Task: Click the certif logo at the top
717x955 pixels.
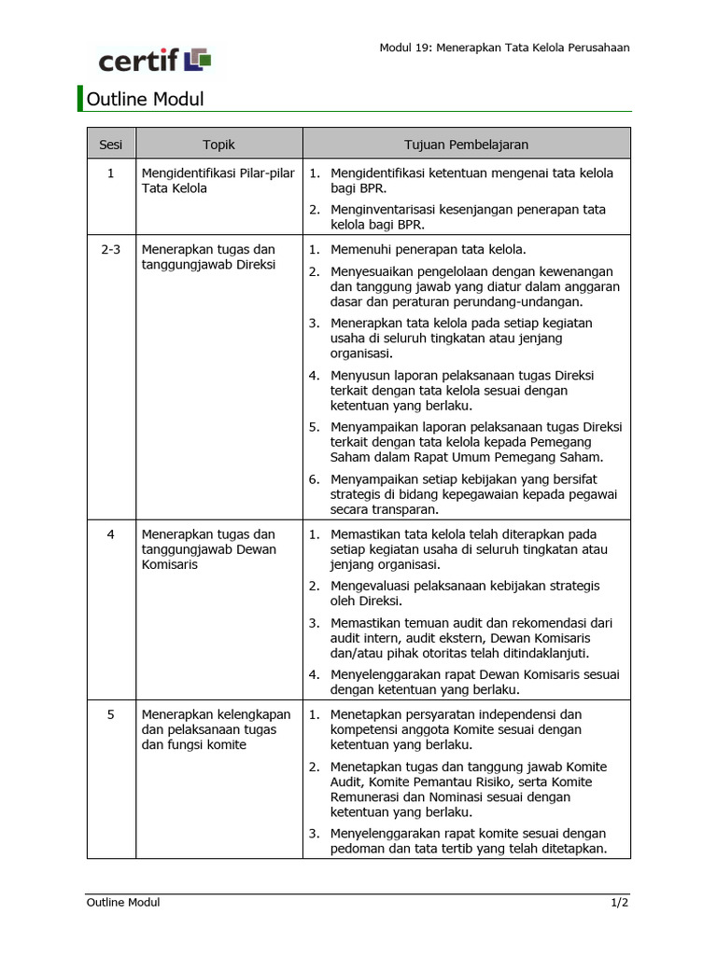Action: coord(155,61)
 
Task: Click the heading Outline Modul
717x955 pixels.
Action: coord(145,99)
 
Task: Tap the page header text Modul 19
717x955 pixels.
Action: coord(503,48)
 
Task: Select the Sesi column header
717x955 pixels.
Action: coord(111,145)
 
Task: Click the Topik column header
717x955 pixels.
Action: coord(218,145)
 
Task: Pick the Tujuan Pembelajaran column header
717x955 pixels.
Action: coord(466,145)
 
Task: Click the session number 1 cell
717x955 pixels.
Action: coord(111,173)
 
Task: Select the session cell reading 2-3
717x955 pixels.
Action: coord(111,250)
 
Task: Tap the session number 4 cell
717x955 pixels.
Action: coord(111,535)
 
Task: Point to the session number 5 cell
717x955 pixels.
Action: coord(111,715)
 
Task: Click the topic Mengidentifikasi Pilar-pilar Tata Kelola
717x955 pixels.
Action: coord(218,181)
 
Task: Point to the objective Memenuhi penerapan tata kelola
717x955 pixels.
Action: coord(428,249)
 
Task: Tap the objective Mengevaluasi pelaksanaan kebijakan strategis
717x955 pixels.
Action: coord(465,593)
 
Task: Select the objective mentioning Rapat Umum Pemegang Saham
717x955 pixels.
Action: coord(475,442)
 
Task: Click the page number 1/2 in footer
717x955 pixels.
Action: coord(620,903)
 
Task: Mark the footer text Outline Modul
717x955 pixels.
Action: coord(123,903)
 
